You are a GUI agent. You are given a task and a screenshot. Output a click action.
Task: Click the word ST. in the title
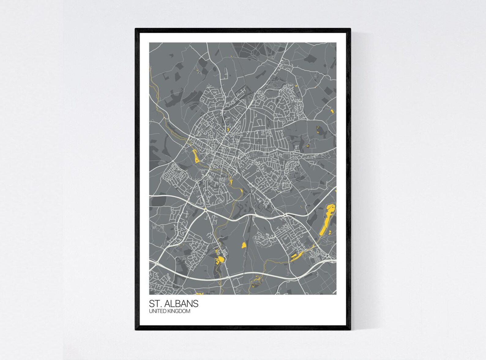[155, 304]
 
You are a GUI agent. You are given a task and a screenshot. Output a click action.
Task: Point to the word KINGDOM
[179, 311]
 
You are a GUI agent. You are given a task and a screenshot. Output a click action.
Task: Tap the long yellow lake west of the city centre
[195, 156]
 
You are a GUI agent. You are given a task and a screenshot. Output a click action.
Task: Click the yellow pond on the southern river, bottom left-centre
[220, 260]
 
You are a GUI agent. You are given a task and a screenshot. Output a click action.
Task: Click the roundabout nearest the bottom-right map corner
[327, 256]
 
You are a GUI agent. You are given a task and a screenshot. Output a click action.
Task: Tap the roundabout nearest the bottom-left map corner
[156, 263]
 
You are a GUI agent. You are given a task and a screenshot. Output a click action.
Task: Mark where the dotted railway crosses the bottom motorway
[245, 272]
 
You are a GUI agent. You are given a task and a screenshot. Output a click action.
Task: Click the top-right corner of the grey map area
[336, 43]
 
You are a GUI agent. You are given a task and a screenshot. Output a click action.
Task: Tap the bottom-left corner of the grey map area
[150, 294]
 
